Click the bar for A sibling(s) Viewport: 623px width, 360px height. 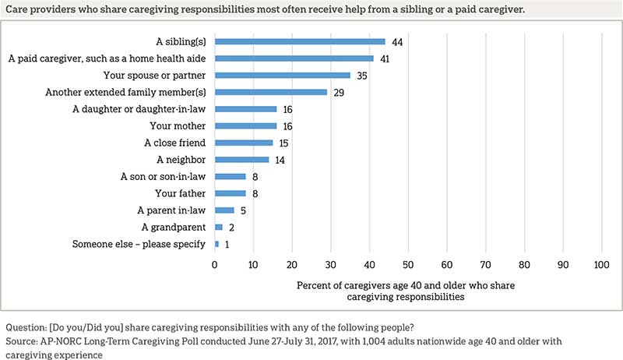point(300,41)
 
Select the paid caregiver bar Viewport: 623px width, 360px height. point(294,58)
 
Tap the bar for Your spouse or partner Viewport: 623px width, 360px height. point(283,76)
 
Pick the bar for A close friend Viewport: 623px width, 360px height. point(244,143)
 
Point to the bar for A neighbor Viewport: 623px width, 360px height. point(241,160)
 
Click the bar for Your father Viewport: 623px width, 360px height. point(231,193)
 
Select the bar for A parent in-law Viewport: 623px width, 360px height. point(224,210)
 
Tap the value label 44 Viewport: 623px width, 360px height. point(397,41)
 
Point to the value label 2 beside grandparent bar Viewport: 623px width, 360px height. point(231,228)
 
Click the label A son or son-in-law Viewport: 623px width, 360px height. point(164,176)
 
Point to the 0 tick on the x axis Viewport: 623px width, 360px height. point(215,265)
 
